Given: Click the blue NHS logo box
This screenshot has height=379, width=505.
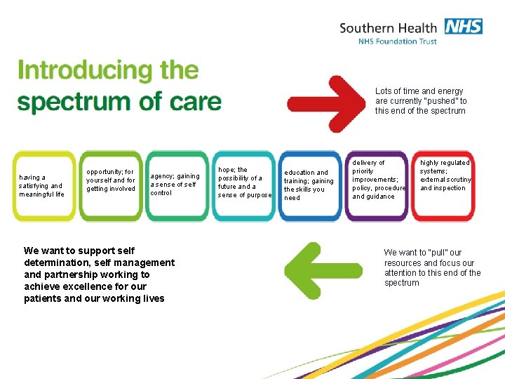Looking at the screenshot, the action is (463, 27).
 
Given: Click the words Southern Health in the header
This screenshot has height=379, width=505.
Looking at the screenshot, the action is (387, 28).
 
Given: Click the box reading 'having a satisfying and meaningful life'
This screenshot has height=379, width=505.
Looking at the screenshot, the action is (43, 186).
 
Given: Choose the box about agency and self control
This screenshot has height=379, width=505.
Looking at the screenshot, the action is (175, 185).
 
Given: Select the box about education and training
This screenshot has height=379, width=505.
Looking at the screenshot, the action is (309, 185).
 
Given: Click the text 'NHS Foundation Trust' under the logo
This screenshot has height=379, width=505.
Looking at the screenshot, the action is (397, 41).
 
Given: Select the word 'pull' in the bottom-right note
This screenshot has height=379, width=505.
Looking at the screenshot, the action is (437, 253).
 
